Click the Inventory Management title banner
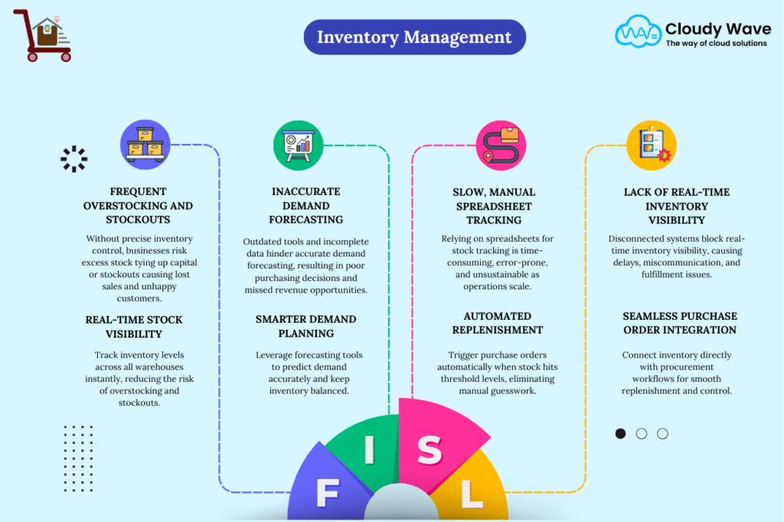click(x=414, y=37)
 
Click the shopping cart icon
click(x=45, y=36)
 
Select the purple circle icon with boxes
click(x=145, y=145)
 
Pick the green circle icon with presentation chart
click(x=298, y=145)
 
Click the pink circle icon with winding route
click(x=501, y=145)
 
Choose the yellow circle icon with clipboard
click(x=651, y=145)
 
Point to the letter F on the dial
click(x=327, y=494)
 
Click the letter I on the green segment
click(x=369, y=450)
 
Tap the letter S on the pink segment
click(x=430, y=451)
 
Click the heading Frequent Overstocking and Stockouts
click(x=139, y=205)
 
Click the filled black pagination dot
click(x=620, y=433)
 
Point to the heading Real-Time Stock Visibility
click(x=134, y=326)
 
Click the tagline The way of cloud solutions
click(x=716, y=44)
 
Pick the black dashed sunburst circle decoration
click(x=74, y=158)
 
